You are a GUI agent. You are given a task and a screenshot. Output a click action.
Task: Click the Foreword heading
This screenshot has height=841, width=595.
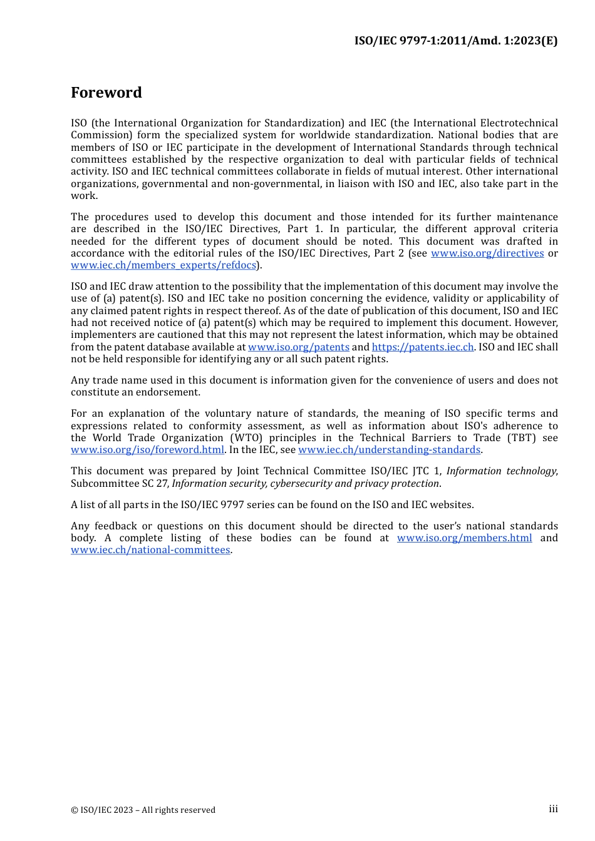click(106, 93)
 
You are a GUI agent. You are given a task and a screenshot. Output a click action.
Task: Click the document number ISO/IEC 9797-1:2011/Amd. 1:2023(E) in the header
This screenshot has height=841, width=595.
click(455, 41)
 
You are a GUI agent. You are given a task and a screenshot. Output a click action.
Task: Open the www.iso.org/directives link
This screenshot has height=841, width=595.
click(487, 253)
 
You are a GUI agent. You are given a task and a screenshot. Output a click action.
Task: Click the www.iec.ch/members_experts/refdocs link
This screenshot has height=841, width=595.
click(163, 265)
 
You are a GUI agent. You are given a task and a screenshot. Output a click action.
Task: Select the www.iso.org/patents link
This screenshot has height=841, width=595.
click(299, 347)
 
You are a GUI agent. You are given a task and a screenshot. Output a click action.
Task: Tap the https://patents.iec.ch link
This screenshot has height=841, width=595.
click(423, 347)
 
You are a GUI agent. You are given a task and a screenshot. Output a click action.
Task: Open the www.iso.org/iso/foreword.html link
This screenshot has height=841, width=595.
click(147, 450)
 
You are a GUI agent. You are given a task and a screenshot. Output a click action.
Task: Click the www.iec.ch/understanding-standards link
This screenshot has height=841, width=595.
click(389, 450)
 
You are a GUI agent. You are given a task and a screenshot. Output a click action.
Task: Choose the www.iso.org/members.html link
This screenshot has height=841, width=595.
click(464, 538)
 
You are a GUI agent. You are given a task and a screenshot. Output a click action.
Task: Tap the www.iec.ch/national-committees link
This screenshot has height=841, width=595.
click(150, 550)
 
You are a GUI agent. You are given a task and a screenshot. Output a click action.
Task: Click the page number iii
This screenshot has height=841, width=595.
click(553, 809)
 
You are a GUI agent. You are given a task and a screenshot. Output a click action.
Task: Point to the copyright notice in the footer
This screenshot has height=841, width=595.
click(143, 810)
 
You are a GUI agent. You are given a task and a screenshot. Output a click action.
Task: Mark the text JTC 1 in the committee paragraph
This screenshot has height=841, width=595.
click(425, 471)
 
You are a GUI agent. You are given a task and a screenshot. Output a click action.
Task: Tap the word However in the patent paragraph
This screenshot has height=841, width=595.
click(535, 323)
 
